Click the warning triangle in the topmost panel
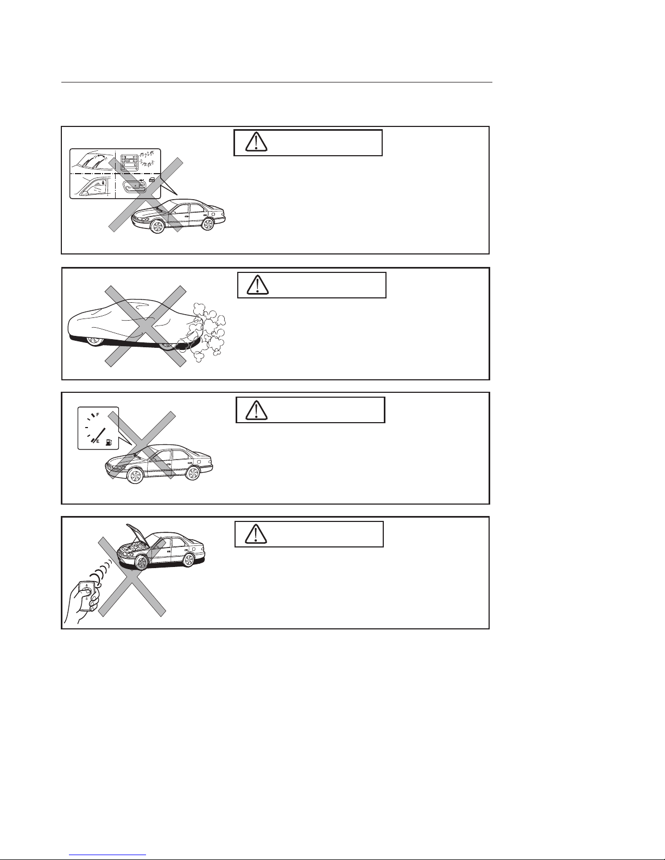coord(256,142)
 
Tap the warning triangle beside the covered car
coord(258,285)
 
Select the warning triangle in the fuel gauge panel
coord(256,410)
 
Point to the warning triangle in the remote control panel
coord(256,534)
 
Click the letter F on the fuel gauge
coord(98,415)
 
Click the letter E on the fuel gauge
coord(98,441)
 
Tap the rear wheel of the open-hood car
coord(189,560)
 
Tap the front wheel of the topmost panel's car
coord(157,226)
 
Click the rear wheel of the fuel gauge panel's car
coord(193,473)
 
